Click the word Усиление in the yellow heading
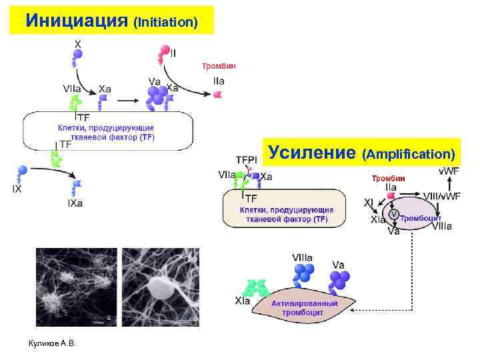coord(311,153)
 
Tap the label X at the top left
coord(78,44)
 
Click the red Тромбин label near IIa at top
coord(218,66)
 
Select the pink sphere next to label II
coord(163,51)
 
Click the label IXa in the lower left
coord(75,203)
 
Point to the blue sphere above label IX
coord(22,171)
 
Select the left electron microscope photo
coord(76,287)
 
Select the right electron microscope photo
coord(160,287)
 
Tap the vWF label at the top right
coord(448,171)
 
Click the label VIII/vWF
coord(441,195)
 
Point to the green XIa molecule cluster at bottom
coord(255,287)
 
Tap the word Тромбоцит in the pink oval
coord(421,218)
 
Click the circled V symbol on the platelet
coord(395,214)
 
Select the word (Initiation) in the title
coord(166,22)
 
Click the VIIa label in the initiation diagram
coord(73,88)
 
